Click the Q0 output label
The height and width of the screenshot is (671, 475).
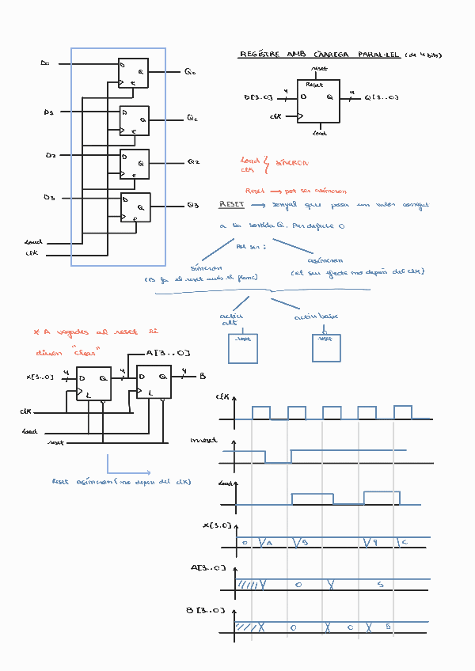[x=190, y=73]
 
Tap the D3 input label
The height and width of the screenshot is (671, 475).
[x=49, y=197]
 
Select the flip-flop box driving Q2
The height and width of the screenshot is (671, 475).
[x=134, y=164]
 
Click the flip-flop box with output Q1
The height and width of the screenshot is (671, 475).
[x=134, y=120]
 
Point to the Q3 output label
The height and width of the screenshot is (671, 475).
[x=192, y=206]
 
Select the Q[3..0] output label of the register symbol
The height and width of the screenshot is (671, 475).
[x=382, y=98]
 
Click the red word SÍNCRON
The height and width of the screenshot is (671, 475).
[x=291, y=163]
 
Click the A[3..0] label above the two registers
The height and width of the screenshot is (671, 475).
[x=169, y=353]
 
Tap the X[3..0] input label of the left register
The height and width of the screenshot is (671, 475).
[x=40, y=377]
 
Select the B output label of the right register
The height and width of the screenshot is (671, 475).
[x=203, y=377]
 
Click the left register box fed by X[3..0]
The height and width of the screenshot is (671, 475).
[x=94, y=384]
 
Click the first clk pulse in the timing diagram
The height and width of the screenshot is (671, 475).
[x=261, y=412]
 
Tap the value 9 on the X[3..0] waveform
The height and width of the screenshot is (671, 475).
[x=376, y=542]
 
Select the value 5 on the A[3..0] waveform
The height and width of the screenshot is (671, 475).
[x=381, y=584]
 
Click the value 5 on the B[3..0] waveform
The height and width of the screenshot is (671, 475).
[x=388, y=626]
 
